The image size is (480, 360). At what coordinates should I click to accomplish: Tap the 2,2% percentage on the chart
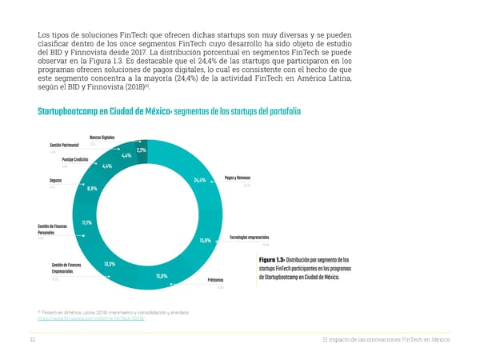[x=141, y=150]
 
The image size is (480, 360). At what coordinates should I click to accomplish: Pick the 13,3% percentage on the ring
[x=111, y=264]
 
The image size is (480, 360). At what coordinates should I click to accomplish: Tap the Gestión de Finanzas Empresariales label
[x=66, y=269]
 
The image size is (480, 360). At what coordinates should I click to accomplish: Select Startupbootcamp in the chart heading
[x=76, y=110]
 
